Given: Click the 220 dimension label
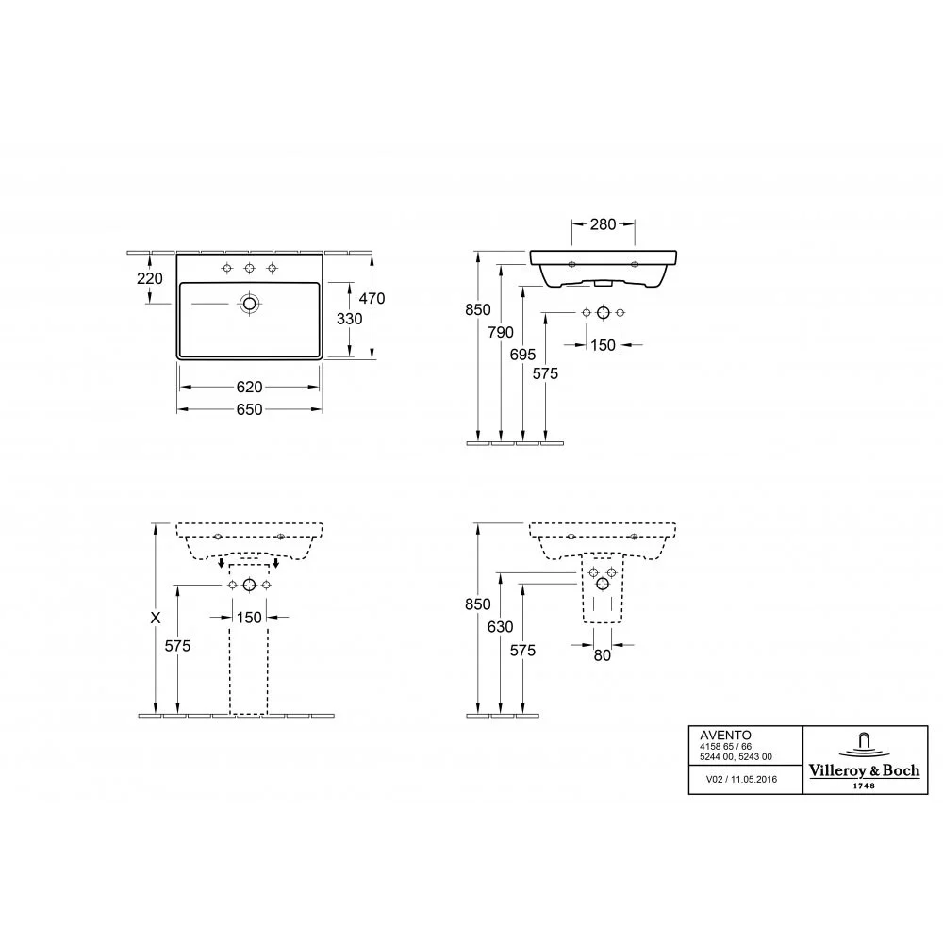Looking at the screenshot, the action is click(x=150, y=278).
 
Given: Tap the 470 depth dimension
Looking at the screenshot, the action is click(x=372, y=298).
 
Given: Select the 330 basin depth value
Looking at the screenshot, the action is click(x=350, y=319).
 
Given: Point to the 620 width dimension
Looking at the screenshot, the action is click(x=250, y=388).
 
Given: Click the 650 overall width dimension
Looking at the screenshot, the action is click(x=250, y=409).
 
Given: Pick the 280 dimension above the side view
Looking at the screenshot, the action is click(x=603, y=224).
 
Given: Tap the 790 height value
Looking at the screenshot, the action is click(x=501, y=332).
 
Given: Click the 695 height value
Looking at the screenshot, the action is click(x=522, y=355).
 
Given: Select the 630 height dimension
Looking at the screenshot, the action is click(x=501, y=627).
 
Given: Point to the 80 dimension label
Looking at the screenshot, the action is click(x=603, y=655).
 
